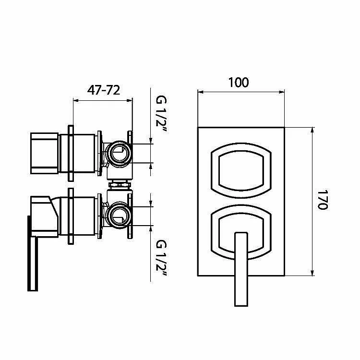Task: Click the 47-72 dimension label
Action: [104, 90]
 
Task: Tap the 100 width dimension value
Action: [239, 83]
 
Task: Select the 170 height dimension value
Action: [323, 200]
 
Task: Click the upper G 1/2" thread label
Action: [161, 114]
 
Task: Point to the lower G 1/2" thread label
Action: [161, 258]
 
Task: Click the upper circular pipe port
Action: [120, 153]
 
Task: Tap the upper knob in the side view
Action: [44, 153]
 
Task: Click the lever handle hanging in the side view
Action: [33, 254]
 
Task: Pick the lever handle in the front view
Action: [241, 269]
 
